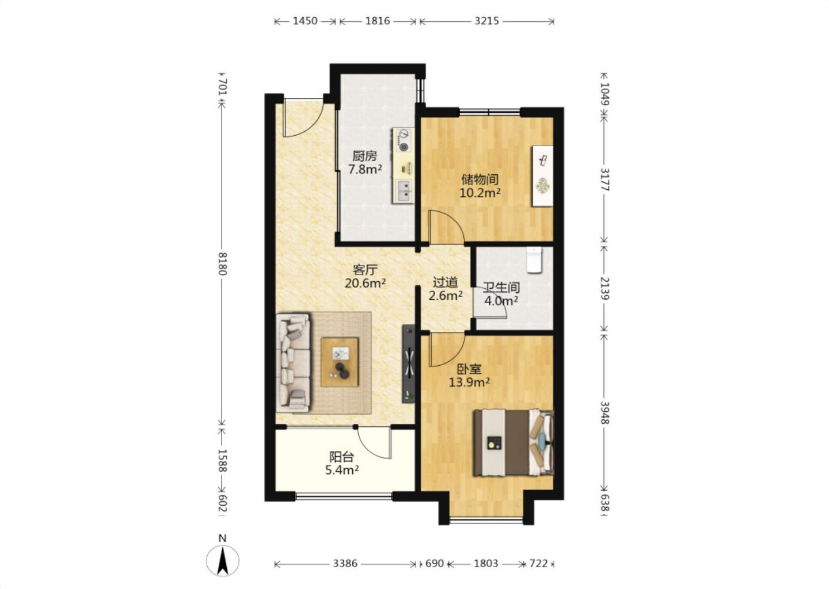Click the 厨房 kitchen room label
point(364,156)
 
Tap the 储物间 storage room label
point(480,179)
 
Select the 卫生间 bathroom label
point(501,287)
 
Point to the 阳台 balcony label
point(341,457)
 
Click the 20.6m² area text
point(366,283)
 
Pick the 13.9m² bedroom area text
point(470,382)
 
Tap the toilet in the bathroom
point(534,260)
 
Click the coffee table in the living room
point(340,362)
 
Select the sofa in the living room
point(293,363)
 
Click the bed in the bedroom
point(514,442)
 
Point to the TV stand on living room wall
point(409,364)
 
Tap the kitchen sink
point(404,190)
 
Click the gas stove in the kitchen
point(404,140)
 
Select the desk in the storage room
point(542,176)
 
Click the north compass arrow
point(223,561)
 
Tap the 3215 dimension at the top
point(487,21)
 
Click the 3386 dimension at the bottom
point(345,564)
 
